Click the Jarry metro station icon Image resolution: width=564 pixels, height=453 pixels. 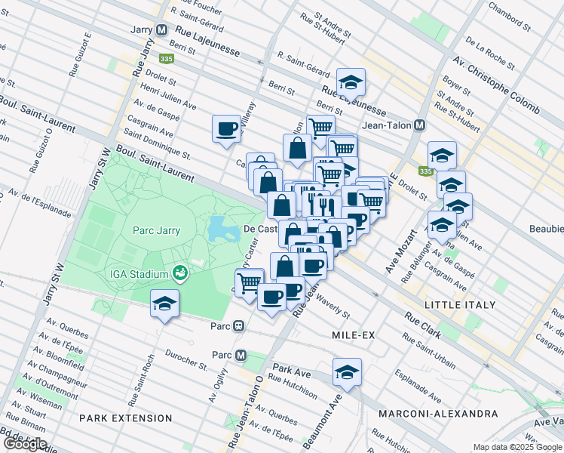[x=162, y=30]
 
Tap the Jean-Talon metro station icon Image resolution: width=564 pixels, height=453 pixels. [x=420, y=125]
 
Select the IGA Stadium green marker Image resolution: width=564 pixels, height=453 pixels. [x=179, y=273]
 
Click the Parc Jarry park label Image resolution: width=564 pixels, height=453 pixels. [x=157, y=230]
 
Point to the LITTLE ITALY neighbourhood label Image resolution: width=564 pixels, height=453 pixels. [x=460, y=305]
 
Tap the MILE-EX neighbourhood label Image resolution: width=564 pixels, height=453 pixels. [x=349, y=333]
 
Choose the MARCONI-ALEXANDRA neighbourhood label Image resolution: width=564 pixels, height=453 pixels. [x=438, y=414]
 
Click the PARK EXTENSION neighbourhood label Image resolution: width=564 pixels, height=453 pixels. [x=127, y=418]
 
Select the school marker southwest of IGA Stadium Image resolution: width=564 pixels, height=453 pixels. [x=164, y=304]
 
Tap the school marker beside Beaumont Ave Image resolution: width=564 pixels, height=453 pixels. [x=347, y=371]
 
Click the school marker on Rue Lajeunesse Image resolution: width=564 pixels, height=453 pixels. [x=351, y=82]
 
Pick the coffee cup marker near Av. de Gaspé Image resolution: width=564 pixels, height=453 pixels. [x=226, y=128]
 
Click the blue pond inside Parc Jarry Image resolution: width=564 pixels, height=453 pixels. [x=219, y=227]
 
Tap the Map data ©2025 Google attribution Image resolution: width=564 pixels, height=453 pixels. [x=517, y=447]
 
